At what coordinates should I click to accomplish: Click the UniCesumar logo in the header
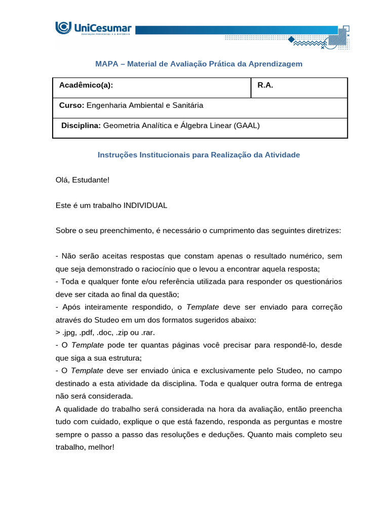93,28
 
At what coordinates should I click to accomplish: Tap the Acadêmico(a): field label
86,85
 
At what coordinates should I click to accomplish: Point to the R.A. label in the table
265,85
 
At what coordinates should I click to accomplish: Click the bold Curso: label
72,105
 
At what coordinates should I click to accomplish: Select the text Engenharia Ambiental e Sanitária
145,105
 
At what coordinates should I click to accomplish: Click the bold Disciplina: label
81,125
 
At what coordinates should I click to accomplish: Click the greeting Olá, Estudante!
83,180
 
